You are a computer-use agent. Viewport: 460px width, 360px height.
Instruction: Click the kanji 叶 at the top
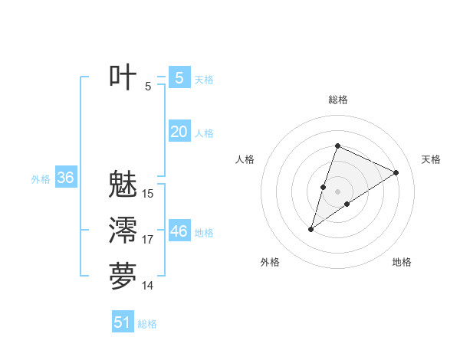click(123, 77)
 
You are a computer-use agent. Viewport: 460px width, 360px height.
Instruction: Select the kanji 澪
click(123, 231)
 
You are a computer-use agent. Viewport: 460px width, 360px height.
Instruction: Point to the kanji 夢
click(123, 277)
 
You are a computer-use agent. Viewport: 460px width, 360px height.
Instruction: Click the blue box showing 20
click(179, 132)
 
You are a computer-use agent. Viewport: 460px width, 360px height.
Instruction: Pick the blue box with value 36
click(65, 178)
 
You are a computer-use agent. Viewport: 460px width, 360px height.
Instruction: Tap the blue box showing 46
click(179, 231)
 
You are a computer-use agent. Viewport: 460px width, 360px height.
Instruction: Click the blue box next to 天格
click(179, 78)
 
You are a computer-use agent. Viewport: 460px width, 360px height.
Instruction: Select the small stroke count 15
click(148, 194)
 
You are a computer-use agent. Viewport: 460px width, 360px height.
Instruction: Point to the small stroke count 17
click(148, 240)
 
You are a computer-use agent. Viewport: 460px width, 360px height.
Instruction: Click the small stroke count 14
click(148, 286)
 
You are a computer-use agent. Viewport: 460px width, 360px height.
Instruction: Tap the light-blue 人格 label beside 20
click(204, 133)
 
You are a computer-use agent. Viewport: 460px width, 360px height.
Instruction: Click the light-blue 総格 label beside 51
click(147, 324)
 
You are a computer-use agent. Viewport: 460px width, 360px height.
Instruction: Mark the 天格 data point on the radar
click(396, 172)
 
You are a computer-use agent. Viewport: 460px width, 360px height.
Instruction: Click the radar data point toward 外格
click(311, 229)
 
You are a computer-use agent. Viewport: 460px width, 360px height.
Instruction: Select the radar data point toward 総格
click(337, 146)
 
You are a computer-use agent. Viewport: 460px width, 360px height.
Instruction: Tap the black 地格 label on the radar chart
click(402, 262)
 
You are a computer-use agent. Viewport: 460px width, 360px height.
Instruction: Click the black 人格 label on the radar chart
click(245, 159)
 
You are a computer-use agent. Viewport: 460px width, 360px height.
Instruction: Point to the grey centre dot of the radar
click(337, 191)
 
